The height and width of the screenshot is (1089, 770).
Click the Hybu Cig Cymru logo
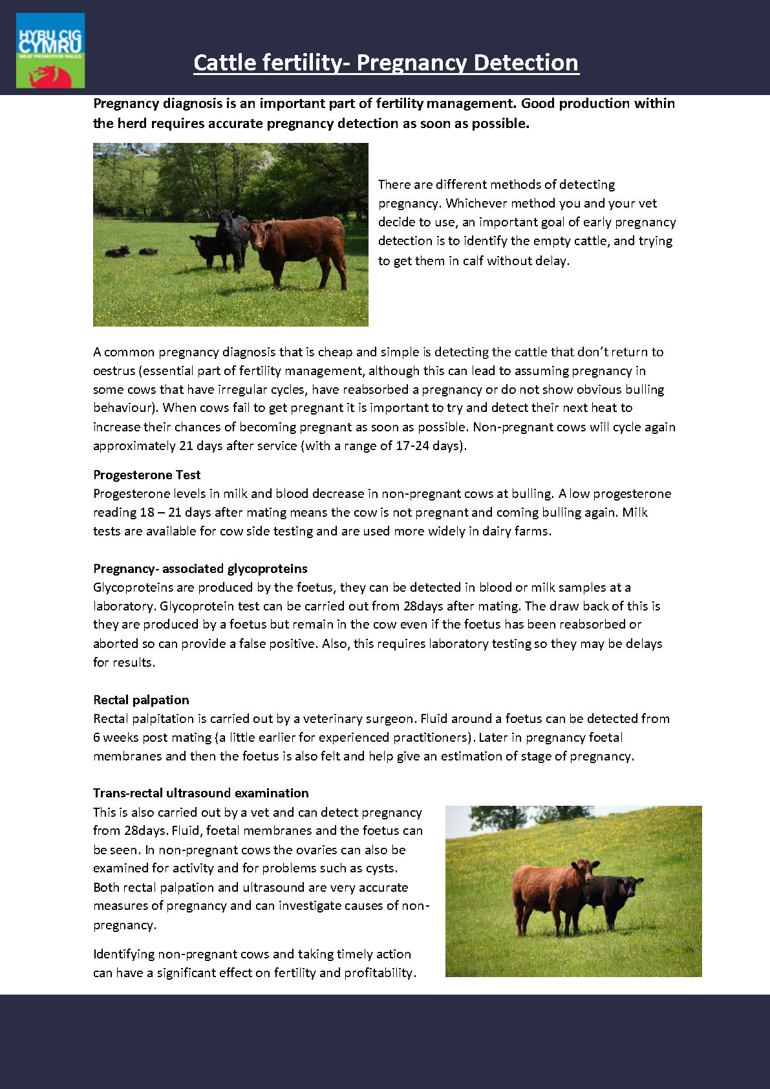pos(50,50)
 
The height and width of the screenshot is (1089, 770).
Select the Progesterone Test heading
pos(147,475)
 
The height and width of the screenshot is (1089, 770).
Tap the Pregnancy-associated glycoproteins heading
pos(200,568)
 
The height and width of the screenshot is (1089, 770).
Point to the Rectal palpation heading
pos(141,700)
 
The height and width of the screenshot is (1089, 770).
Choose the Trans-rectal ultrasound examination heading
pos(200,793)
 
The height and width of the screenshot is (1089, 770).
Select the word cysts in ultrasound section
pos(380,868)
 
